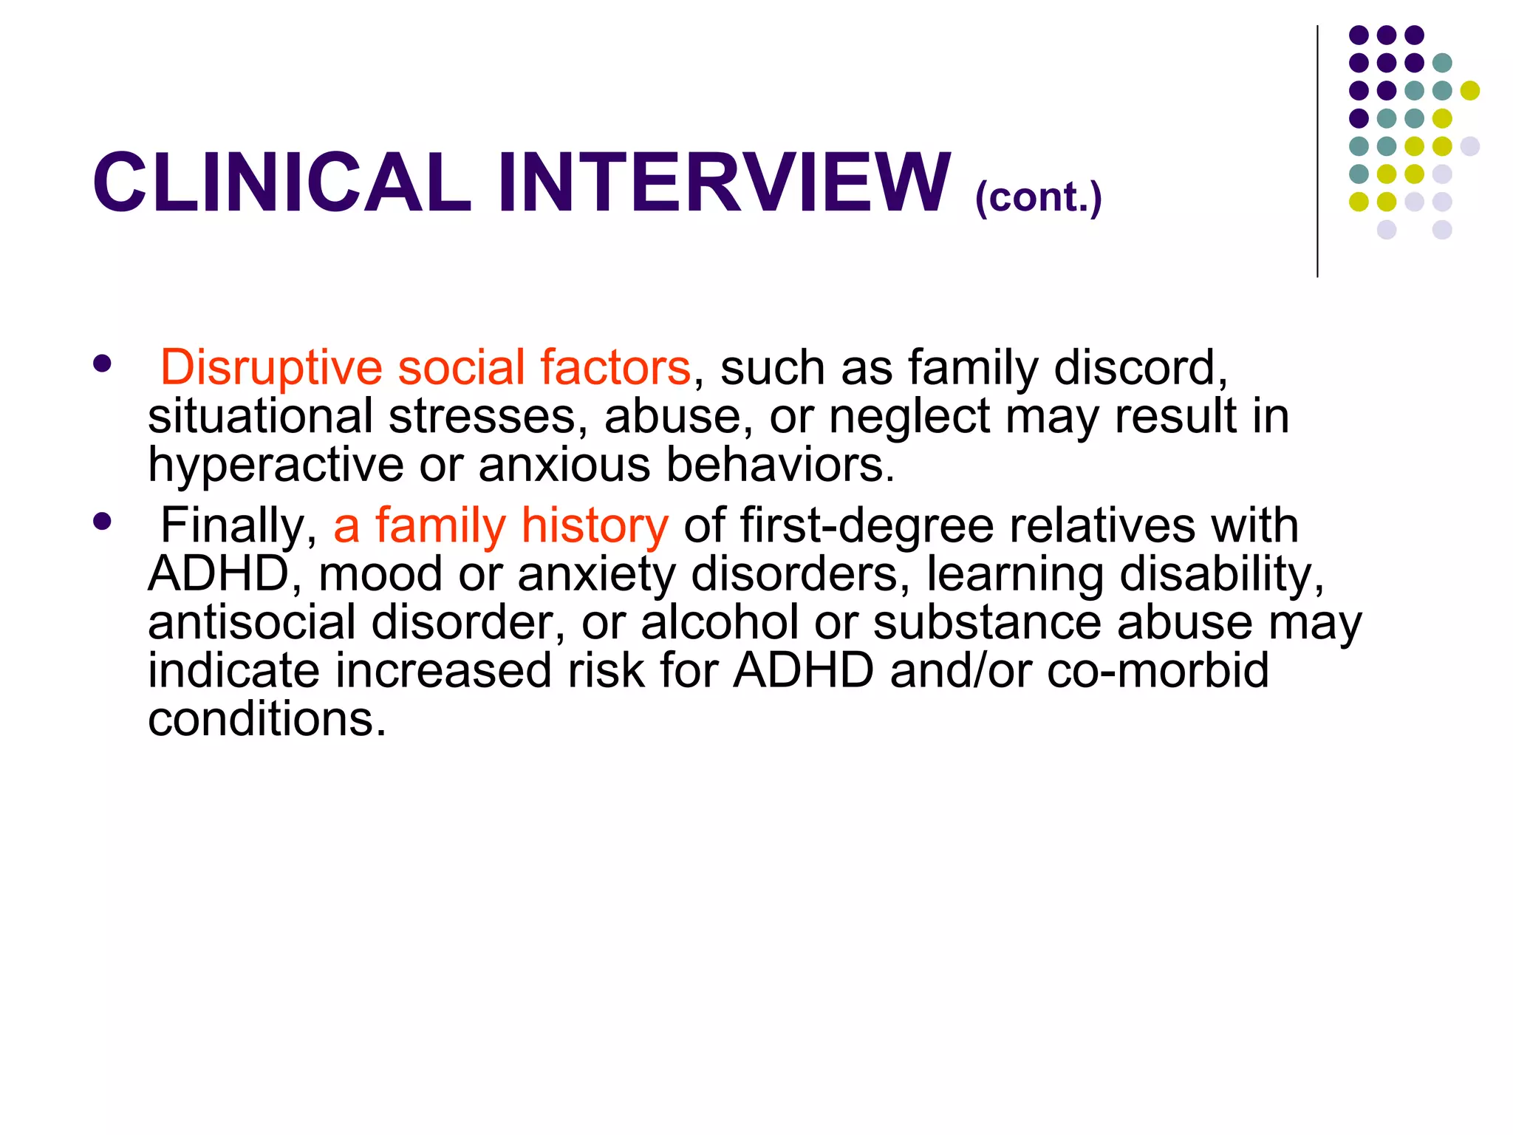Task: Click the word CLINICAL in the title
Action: (x=281, y=183)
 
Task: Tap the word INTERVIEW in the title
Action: (x=724, y=183)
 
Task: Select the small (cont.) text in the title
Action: (x=1038, y=197)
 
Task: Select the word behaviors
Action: (x=780, y=464)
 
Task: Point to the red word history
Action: (x=594, y=526)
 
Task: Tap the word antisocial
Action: (x=251, y=622)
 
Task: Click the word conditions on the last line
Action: (x=267, y=718)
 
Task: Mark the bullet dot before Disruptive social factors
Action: (x=102, y=363)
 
